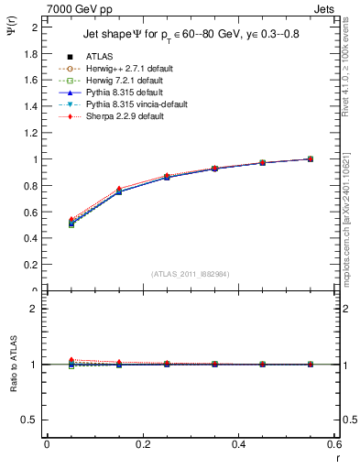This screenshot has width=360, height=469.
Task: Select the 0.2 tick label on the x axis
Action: click(143, 444)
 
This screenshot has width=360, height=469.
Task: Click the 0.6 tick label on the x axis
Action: click(333, 444)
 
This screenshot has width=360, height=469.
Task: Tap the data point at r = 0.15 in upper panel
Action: click(119, 191)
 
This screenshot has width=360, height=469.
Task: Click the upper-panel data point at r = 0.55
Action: click(311, 158)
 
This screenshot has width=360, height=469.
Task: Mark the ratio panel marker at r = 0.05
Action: click(71, 364)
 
